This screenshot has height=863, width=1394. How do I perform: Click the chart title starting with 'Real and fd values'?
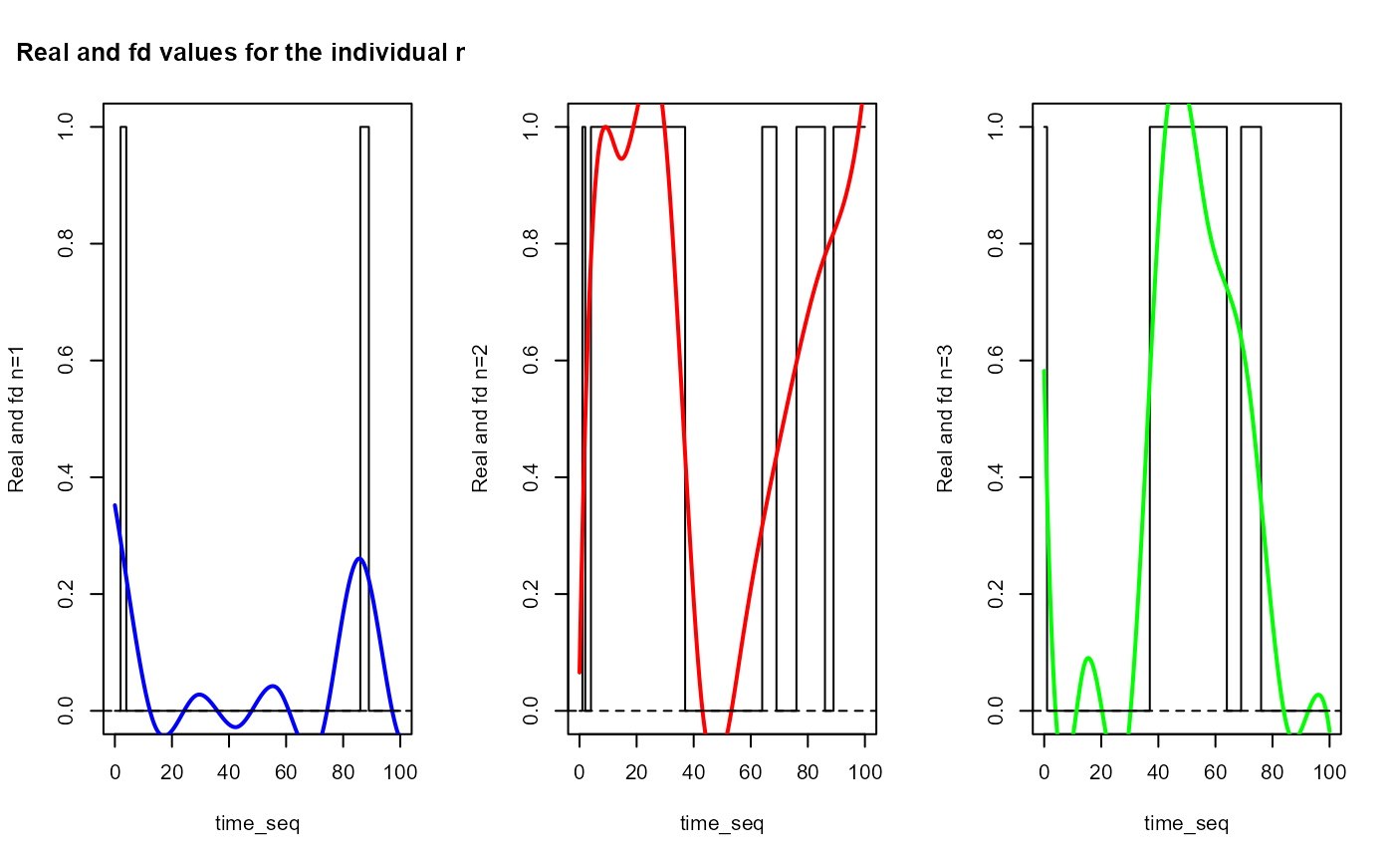240,54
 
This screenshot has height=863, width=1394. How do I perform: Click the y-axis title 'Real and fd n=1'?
16,419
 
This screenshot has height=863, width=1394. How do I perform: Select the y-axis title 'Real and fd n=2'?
481,419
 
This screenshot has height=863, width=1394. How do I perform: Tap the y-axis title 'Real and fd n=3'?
945,419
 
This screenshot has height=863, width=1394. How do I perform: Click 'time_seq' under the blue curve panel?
257,823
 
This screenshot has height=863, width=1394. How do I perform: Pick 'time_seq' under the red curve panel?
722,823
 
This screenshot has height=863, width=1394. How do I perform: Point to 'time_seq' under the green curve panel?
1186,823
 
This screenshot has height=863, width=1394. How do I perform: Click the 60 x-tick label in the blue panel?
286,770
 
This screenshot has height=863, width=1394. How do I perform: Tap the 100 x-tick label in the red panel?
864,770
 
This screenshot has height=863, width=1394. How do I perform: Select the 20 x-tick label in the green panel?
1101,770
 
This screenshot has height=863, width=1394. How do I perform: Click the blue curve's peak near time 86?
359,558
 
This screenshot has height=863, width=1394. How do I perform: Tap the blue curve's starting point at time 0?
115,506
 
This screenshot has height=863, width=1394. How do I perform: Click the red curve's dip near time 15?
621,158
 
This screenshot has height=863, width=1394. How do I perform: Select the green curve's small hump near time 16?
1089,658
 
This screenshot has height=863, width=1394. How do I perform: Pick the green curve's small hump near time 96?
1317,694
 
